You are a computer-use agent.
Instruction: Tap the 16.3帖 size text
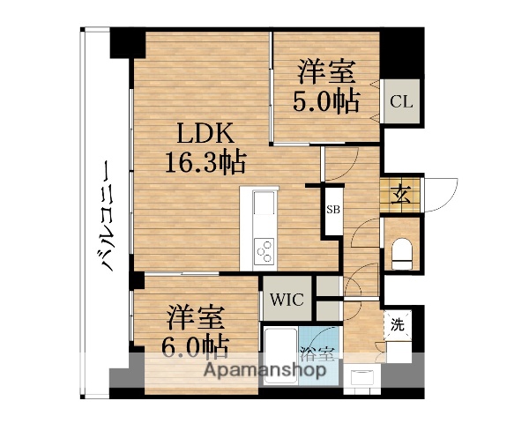click(x=205, y=162)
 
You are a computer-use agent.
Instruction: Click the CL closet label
click(x=401, y=101)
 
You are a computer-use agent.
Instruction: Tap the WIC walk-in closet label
click(x=287, y=301)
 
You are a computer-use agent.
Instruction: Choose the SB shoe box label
click(x=333, y=210)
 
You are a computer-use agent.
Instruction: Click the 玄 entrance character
click(x=401, y=194)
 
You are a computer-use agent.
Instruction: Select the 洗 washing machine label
click(x=398, y=324)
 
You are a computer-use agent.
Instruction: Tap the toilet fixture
click(x=402, y=250)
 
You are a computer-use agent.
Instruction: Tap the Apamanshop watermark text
click(x=265, y=370)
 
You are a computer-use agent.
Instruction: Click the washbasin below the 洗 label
click(x=361, y=377)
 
